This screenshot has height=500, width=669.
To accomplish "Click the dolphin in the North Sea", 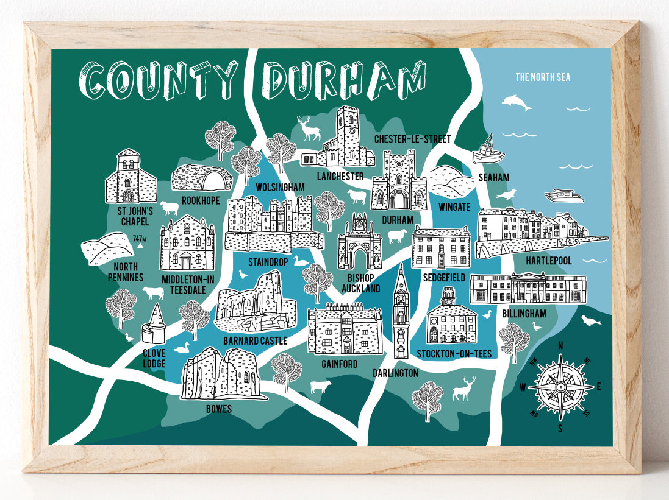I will (x=515, y=102).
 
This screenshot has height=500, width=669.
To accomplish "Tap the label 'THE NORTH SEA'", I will (x=542, y=77).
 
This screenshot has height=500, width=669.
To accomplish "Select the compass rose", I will (x=560, y=386).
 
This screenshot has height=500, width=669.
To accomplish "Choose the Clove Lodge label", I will (x=154, y=357).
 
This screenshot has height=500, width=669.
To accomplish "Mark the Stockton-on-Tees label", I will (x=454, y=354).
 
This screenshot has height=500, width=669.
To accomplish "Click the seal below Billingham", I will (x=589, y=320).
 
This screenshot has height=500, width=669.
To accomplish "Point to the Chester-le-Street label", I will (x=412, y=139).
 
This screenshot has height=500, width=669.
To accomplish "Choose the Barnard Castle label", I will (x=255, y=341).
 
